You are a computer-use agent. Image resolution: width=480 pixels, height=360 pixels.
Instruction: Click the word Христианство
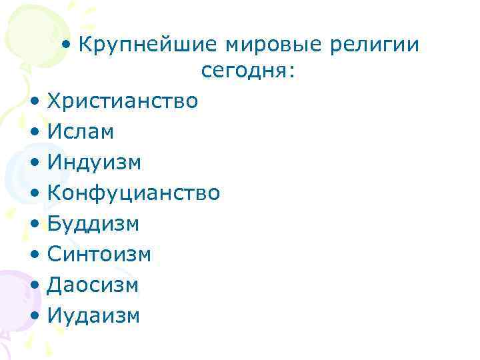[123, 101]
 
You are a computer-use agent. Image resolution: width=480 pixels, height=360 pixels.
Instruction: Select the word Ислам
[81, 132]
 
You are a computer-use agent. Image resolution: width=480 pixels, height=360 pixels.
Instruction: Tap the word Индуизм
[94, 163]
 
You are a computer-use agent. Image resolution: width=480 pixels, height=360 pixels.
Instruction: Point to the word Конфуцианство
[133, 193]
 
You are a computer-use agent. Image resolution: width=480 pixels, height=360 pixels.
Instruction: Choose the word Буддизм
[93, 224]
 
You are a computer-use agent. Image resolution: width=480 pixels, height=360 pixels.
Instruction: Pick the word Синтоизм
[99, 255]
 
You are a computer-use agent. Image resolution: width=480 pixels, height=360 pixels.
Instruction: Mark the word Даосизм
[93, 285]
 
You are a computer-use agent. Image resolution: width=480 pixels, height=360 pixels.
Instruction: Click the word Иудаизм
[94, 315]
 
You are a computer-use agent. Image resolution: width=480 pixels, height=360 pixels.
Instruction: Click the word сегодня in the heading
[243, 71]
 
